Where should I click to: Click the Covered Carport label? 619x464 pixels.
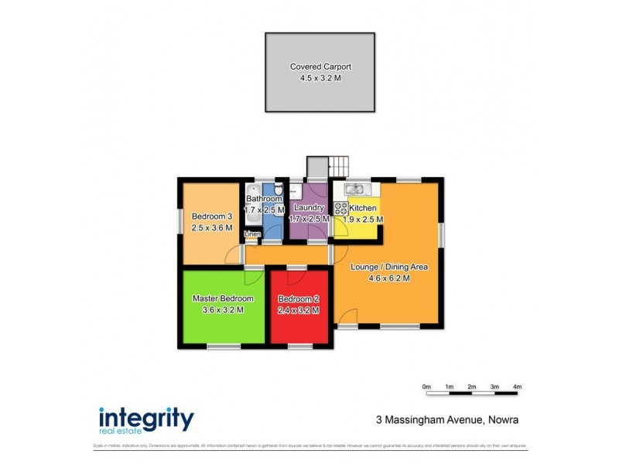(320, 67)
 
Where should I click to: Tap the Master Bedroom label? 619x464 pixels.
(223, 299)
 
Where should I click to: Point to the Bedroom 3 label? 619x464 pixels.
(212, 216)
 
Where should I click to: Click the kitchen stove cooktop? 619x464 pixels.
(340, 208)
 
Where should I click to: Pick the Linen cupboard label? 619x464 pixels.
(252, 234)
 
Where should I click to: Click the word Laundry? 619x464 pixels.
(308, 207)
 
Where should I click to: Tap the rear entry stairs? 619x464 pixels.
(339, 166)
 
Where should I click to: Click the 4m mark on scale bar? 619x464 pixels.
(517, 386)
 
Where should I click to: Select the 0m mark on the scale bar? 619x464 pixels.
(426, 386)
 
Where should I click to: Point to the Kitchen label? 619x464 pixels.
(363, 208)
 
